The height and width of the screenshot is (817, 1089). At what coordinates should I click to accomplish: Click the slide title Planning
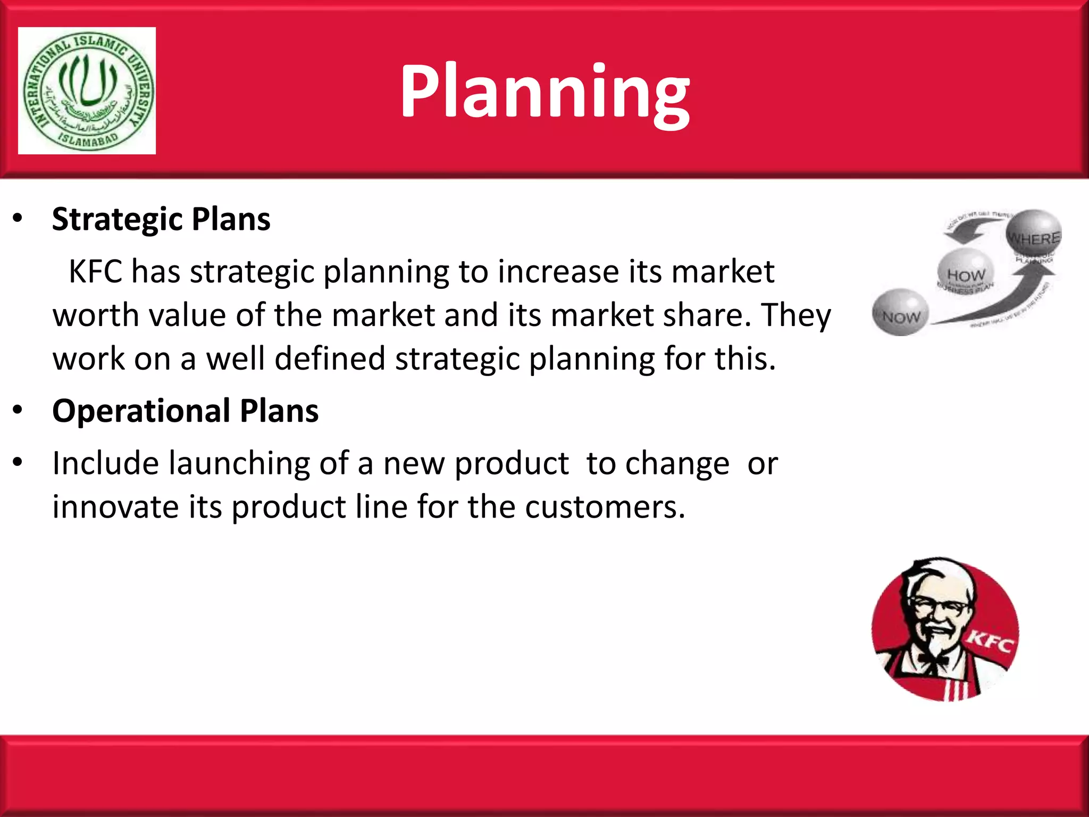(544, 91)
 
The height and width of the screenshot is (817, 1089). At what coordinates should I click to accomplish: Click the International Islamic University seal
(87, 90)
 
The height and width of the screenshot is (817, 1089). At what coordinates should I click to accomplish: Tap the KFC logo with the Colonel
(945, 629)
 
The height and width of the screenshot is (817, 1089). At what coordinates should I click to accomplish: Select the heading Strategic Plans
(161, 219)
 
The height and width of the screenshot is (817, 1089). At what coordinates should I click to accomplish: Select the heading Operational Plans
(185, 411)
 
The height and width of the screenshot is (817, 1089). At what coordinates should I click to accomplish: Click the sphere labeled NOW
(900, 313)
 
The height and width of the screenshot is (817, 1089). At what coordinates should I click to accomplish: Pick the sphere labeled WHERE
(1033, 234)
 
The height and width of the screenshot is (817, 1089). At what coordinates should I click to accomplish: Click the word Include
(105, 463)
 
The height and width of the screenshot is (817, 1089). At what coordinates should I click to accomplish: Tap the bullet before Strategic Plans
(18, 219)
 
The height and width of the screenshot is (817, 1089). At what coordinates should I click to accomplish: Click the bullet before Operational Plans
(18, 410)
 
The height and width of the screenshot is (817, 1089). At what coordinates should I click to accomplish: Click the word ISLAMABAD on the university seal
(87, 139)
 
